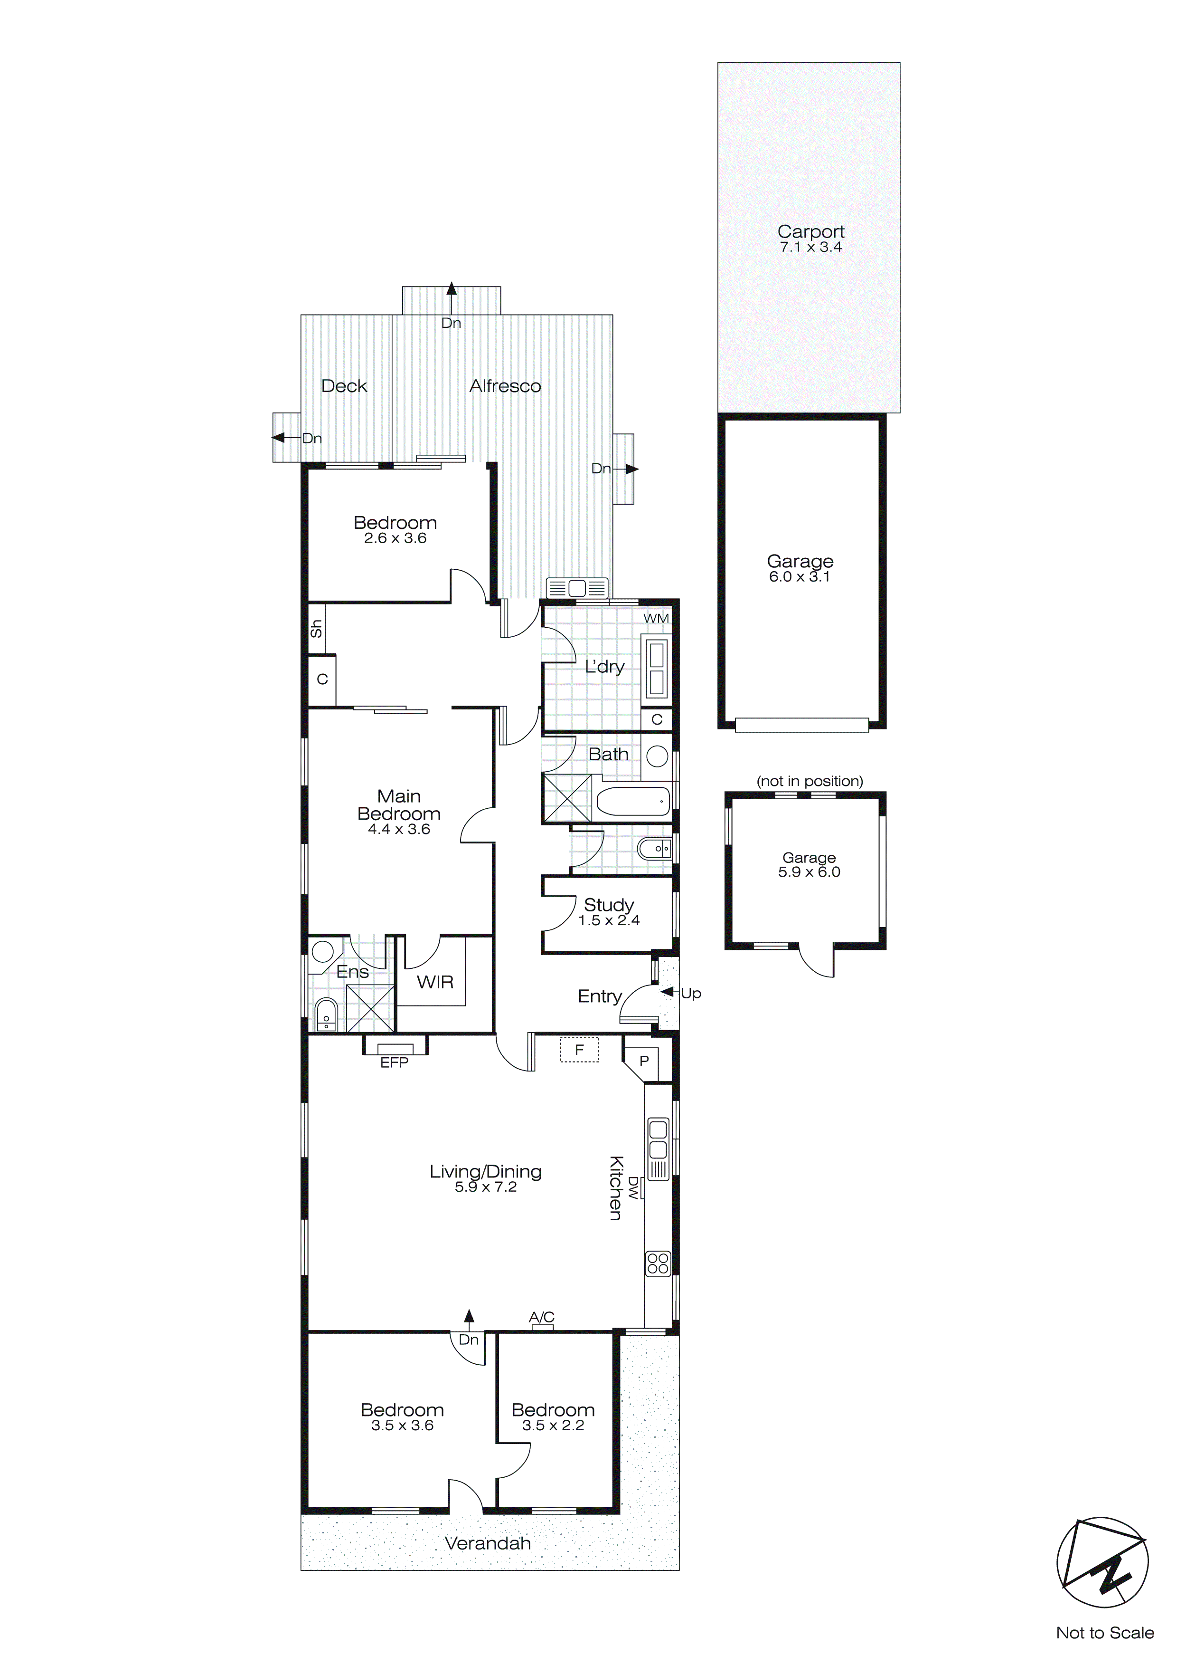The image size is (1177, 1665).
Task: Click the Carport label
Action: pyautogui.click(x=810, y=231)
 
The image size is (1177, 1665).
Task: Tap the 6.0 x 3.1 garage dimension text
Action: pyautogui.click(x=800, y=577)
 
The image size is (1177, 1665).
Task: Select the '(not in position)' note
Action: pyautogui.click(x=810, y=781)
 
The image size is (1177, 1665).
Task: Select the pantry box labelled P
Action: pyautogui.click(x=644, y=1062)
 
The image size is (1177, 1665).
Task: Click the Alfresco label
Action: pyautogui.click(x=505, y=386)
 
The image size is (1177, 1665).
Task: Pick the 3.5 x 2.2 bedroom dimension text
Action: pyautogui.click(x=553, y=1426)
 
